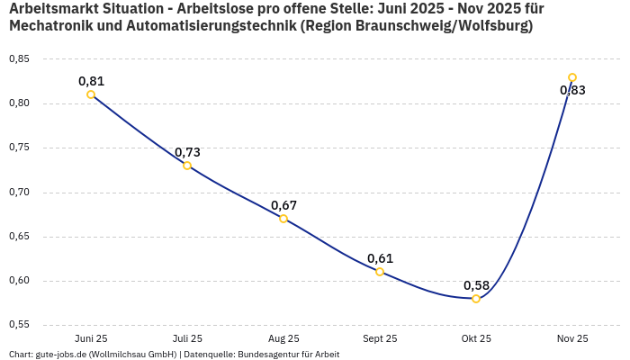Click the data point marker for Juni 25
[91, 94]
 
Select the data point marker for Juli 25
[187, 166]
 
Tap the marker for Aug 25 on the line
[283, 219]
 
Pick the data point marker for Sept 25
[380, 272]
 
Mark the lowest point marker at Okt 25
[476, 299]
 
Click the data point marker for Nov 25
[572, 77]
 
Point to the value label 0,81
[91, 81]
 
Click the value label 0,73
[187, 152]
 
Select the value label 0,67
[283, 205]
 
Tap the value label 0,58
[476, 285]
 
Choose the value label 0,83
[572, 90]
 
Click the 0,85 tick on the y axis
[19, 59]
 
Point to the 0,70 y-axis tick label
[19, 193]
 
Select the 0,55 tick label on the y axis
[19, 325]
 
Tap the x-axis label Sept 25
[380, 338]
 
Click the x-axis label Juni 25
[91, 338]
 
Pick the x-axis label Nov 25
[572, 338]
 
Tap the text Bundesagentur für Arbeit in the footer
[288, 355]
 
